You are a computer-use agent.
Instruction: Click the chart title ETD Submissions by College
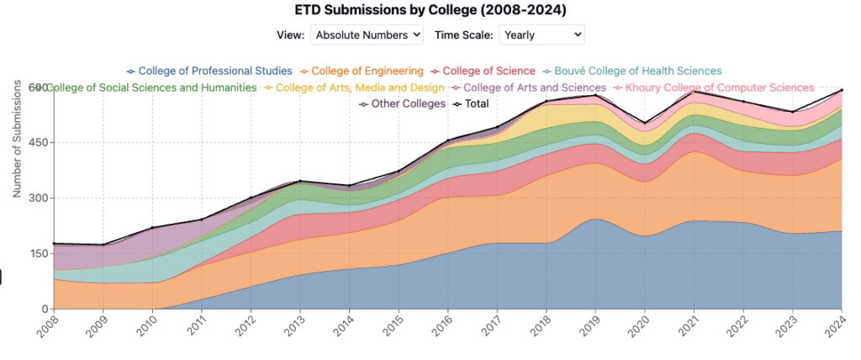pos(430,11)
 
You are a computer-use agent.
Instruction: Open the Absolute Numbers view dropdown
pos(367,34)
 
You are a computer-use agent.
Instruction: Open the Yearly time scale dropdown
pos(541,34)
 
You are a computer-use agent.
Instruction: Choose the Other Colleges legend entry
pos(401,103)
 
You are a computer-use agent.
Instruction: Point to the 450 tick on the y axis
pos(38,143)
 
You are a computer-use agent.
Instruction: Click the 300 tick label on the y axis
pos(38,199)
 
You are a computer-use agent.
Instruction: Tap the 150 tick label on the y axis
pos(38,254)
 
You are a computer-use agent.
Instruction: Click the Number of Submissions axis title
pos(17,140)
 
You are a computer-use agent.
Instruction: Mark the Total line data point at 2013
pos(299,181)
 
